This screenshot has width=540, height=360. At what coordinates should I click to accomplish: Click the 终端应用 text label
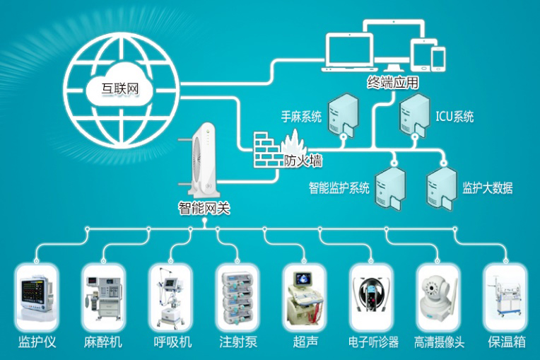[392, 82]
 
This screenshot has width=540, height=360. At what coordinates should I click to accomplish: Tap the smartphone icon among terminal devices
[439, 58]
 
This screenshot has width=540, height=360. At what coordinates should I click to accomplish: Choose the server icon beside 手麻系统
[344, 116]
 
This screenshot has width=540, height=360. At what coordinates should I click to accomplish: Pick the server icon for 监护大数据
[440, 187]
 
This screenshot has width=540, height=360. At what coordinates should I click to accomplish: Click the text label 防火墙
[304, 161]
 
